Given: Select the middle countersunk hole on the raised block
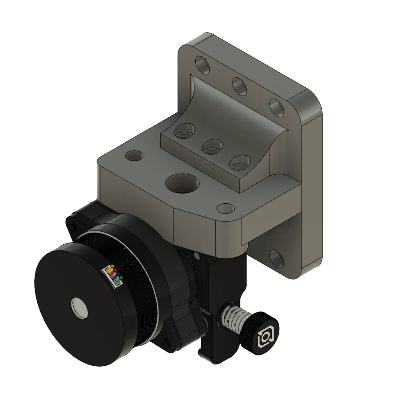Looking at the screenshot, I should (x=212, y=147).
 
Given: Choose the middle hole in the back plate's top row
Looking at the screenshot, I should (x=239, y=86).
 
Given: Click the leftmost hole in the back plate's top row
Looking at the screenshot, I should (x=202, y=65).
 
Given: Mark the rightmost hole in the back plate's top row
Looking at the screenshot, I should (x=277, y=107).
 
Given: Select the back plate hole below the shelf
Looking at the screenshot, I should (x=276, y=258).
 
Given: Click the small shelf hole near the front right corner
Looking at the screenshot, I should (x=226, y=209).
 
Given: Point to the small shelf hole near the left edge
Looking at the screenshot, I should (x=134, y=155).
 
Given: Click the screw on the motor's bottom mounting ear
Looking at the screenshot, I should (x=165, y=344).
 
